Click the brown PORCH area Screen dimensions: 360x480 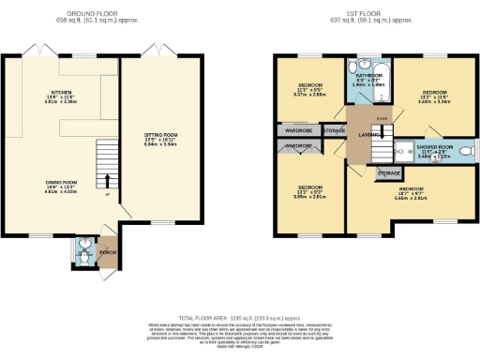click(106, 252)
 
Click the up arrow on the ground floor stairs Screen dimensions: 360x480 click(108, 180)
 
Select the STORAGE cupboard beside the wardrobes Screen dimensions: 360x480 click(333, 130)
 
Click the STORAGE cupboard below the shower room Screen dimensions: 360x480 click(389, 173)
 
